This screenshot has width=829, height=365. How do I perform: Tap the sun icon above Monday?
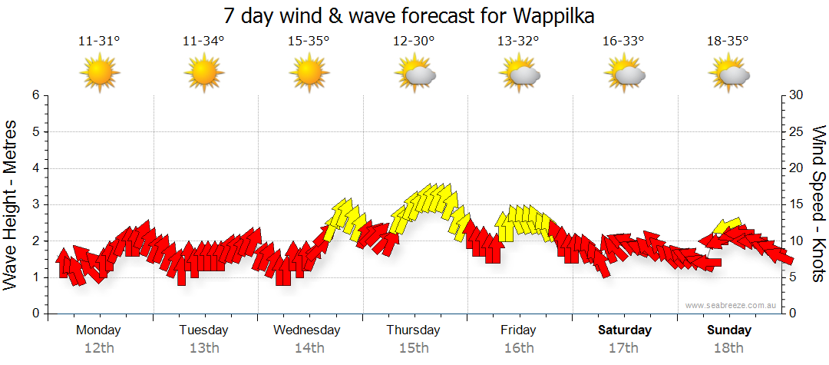point(99,72)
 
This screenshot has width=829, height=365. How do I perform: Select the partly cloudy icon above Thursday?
point(414,72)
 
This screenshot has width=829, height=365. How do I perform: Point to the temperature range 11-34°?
point(203,41)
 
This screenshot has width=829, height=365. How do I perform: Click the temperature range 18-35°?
point(728,41)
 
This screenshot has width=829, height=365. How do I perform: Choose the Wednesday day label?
point(307,330)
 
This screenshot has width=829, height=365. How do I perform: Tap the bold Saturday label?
point(625,330)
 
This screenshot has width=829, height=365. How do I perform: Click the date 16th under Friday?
point(519,348)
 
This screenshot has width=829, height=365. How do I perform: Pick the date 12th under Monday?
point(99,348)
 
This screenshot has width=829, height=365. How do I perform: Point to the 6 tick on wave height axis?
point(35,95)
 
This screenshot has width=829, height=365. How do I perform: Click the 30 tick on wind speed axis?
point(797,95)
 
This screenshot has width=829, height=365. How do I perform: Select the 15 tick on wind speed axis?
point(797,204)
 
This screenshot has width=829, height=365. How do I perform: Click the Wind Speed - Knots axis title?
point(818,204)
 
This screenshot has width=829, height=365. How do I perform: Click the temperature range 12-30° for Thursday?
point(414,41)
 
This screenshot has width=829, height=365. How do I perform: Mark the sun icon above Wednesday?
point(309,72)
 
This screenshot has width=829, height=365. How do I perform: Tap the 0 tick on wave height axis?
point(35,314)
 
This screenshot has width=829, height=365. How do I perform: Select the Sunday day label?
point(729,330)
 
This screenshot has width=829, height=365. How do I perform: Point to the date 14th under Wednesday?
point(309,348)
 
